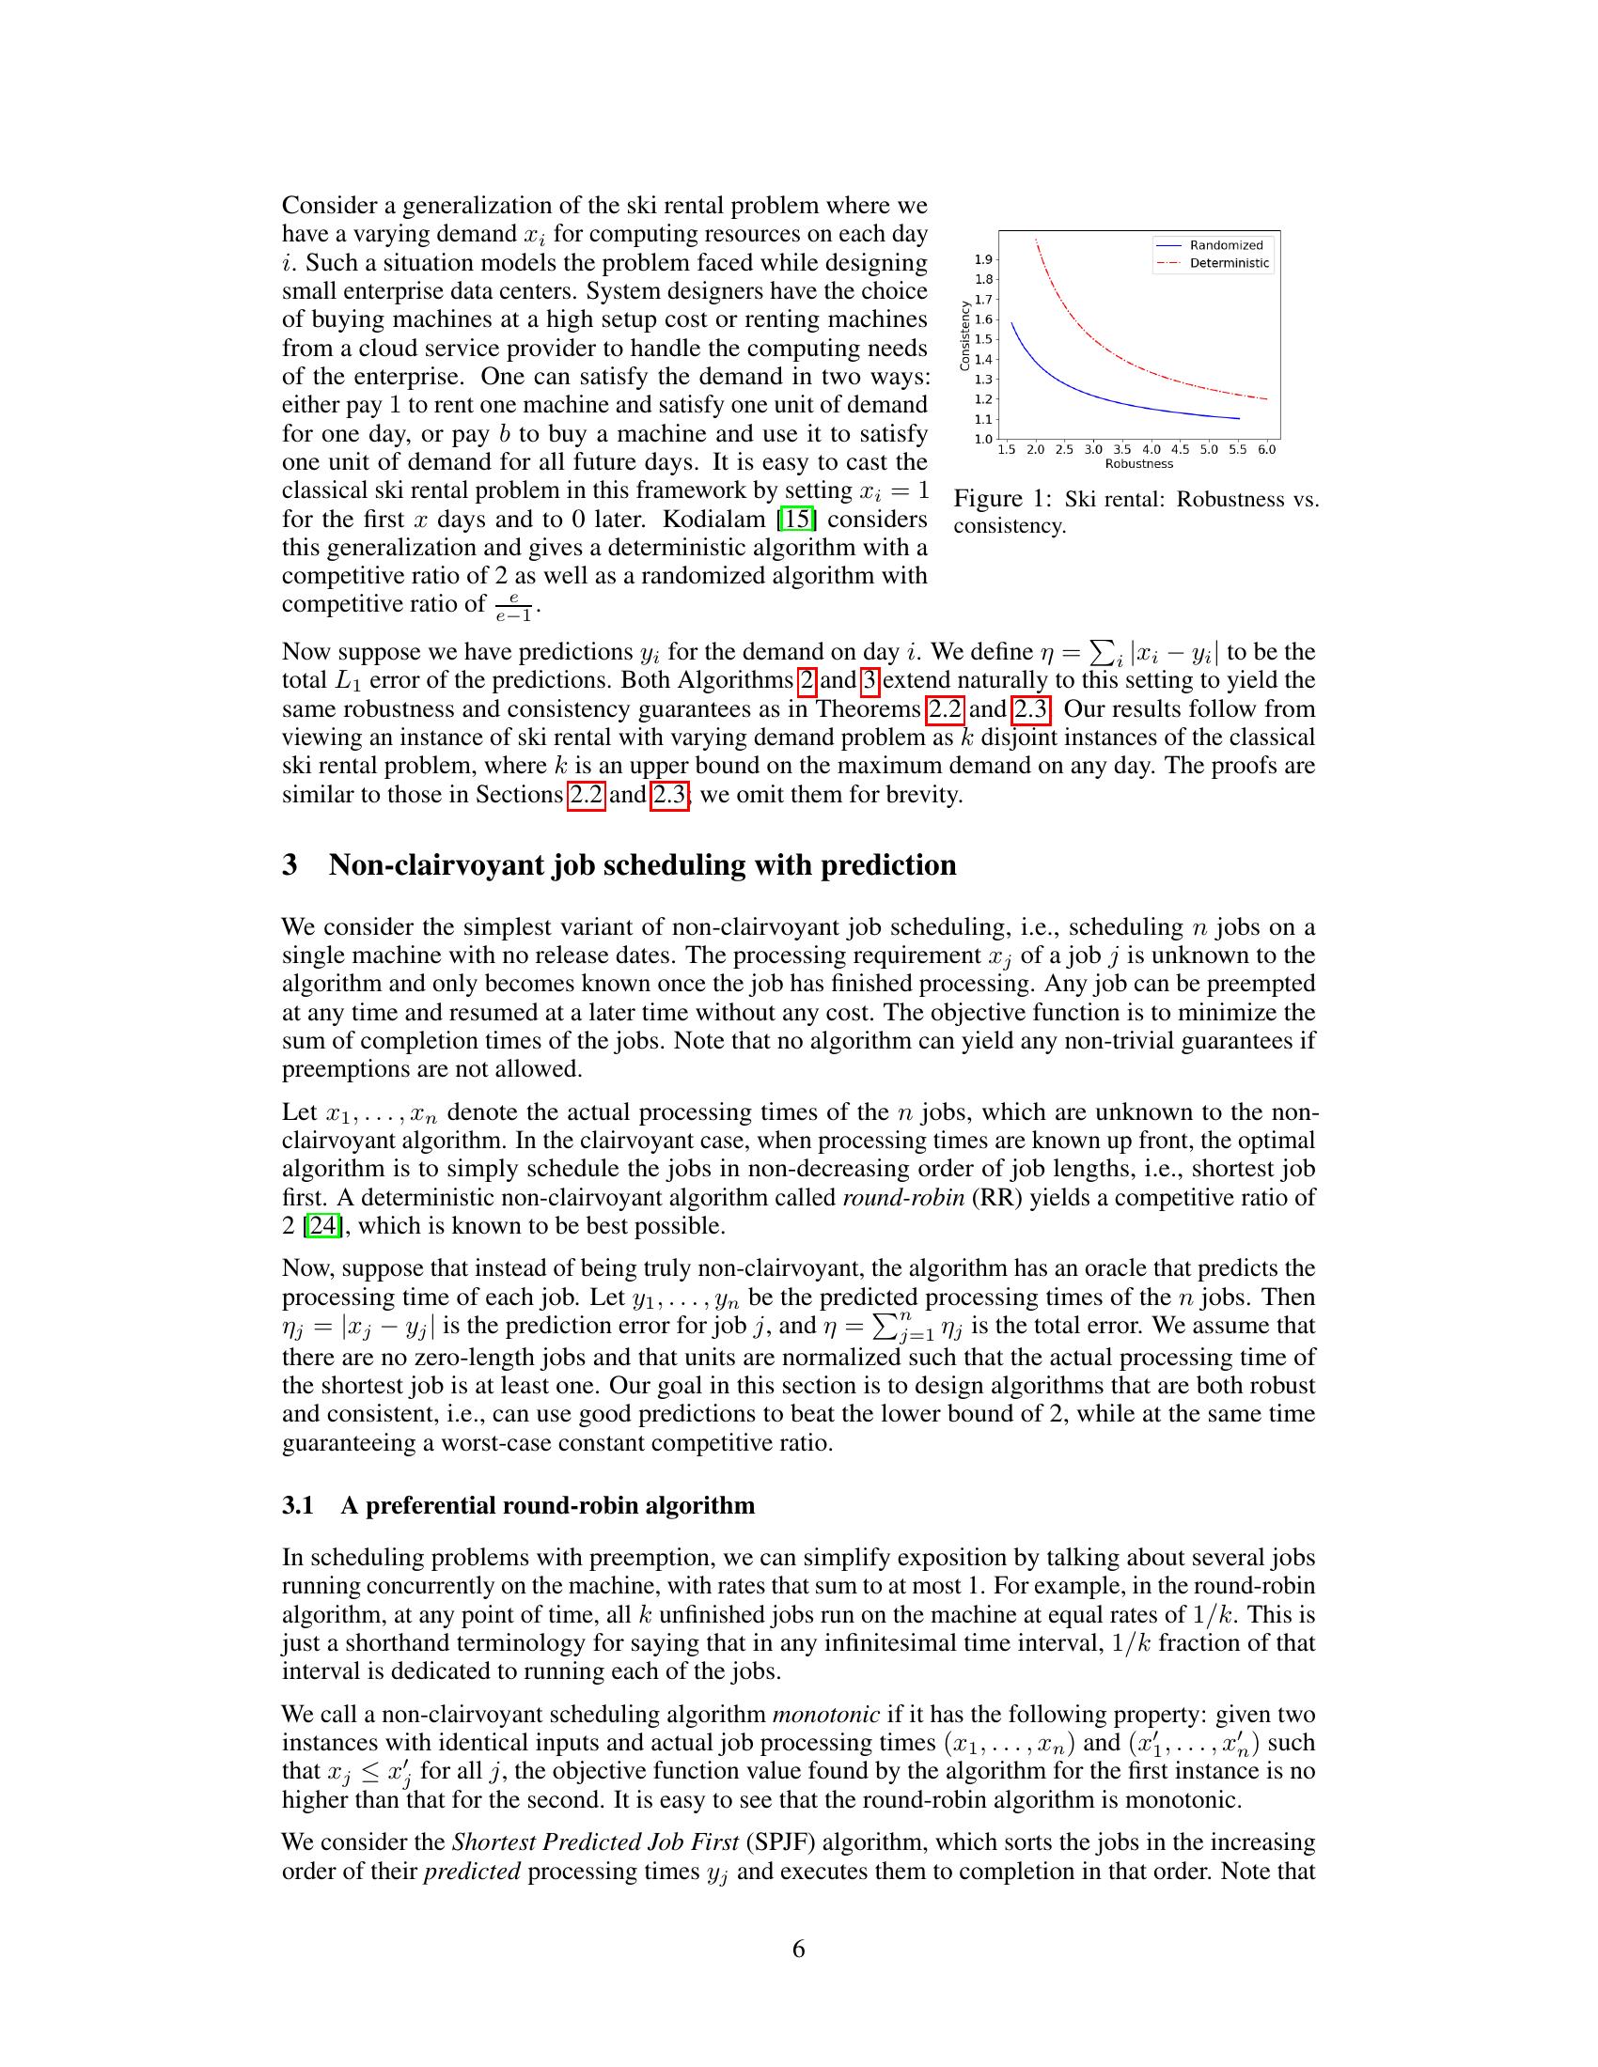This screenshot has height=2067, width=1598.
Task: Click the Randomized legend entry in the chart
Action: coord(1226,245)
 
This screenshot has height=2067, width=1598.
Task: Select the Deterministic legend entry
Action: coord(1229,263)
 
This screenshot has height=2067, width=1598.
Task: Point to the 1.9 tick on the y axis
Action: coord(983,259)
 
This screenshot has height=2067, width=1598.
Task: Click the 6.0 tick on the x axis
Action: coord(1267,449)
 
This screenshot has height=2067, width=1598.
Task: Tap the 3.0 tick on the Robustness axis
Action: coord(1092,449)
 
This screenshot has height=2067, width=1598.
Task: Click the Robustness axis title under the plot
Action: coord(1139,464)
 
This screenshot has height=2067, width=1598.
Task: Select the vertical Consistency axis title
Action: coord(964,335)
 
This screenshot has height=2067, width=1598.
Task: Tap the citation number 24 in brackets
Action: coord(322,1225)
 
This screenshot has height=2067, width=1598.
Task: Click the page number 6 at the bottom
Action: coord(798,1949)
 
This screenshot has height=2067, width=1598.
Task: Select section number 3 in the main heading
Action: coord(290,865)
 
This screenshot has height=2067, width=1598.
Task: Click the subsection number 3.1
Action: coord(297,1505)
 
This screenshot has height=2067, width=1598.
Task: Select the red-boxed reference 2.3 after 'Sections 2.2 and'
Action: coord(669,794)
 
